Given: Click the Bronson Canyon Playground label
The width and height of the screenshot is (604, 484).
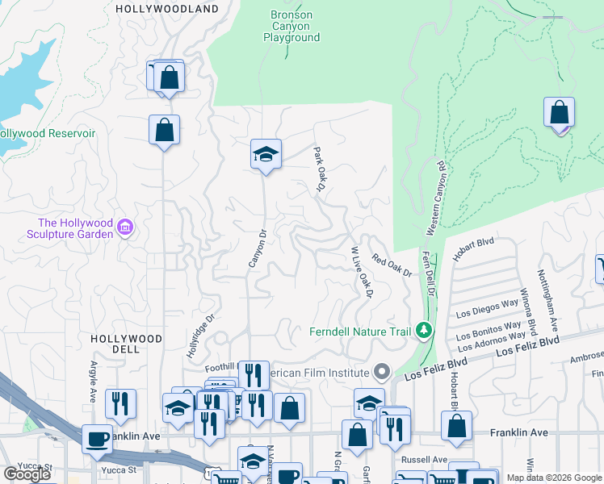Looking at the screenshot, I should pyautogui.click(x=292, y=26).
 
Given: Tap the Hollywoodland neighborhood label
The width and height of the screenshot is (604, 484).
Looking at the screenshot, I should pyautogui.click(x=167, y=9).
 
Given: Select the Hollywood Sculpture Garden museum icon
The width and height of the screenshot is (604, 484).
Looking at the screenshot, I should pyautogui.click(x=125, y=229).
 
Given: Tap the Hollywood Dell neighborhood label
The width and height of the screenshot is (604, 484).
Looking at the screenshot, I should pyautogui.click(x=126, y=344).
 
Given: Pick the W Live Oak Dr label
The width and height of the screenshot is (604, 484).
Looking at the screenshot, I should pyautogui.click(x=361, y=273).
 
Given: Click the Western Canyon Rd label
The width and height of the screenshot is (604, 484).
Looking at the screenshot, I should pyautogui.click(x=434, y=198).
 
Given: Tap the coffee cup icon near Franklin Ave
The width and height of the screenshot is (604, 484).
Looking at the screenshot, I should pyautogui.click(x=98, y=439).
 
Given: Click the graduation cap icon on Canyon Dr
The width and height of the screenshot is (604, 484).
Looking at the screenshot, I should pyautogui.click(x=265, y=153).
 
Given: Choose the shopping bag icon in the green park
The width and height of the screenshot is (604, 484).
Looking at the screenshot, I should pyautogui.click(x=560, y=113).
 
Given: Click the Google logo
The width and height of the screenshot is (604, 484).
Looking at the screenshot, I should pyautogui.click(x=27, y=474).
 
